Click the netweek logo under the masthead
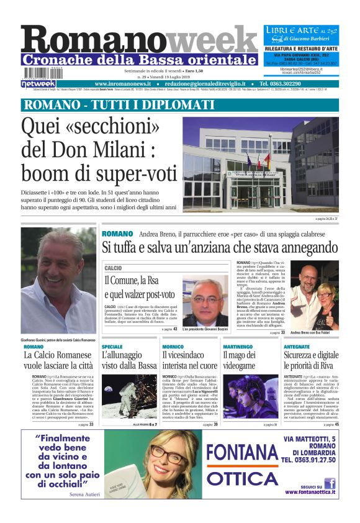click(38, 83)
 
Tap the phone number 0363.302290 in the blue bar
click(298, 83)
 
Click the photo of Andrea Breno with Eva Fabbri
click(315, 294)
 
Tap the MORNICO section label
click(173, 346)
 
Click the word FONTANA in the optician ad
click(242, 453)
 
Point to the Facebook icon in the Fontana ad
click(330, 483)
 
